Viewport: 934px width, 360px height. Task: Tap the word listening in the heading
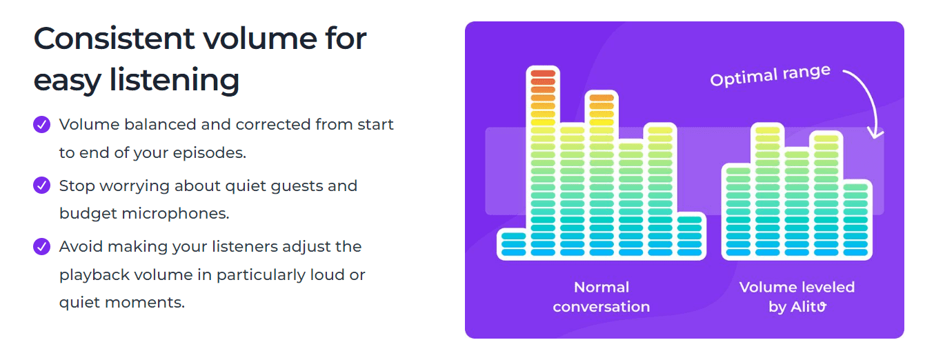point(175,80)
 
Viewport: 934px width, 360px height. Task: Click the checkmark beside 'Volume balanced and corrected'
point(42,125)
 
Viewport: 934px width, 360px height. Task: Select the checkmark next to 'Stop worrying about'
point(42,186)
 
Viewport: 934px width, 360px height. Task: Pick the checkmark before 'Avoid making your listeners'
point(42,246)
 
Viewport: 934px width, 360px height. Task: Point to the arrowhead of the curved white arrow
point(877,132)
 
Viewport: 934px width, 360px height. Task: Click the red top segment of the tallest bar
point(542,73)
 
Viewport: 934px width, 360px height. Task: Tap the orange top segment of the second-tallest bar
point(602,98)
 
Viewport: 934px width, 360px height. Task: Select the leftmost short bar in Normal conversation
point(513,244)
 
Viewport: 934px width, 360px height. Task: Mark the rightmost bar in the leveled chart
point(855,219)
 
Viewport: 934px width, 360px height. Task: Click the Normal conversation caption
point(602,297)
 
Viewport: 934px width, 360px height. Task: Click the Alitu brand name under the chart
point(808,307)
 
